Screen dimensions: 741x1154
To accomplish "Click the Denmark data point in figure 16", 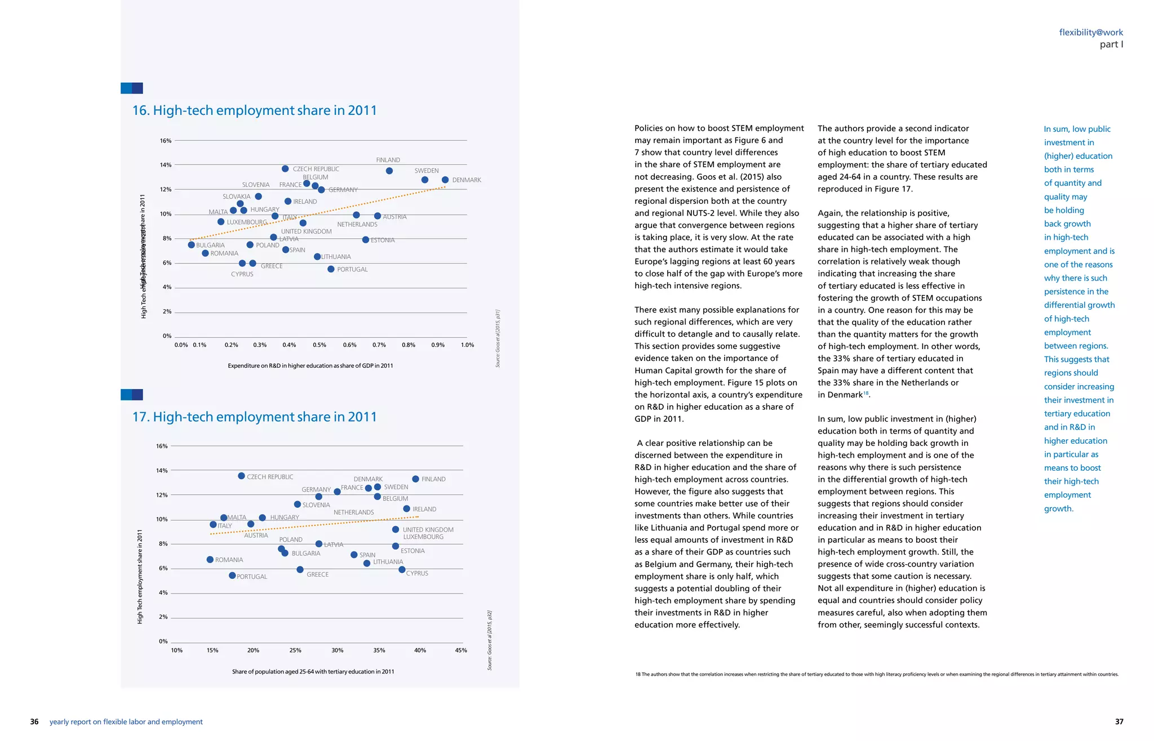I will [x=445, y=180].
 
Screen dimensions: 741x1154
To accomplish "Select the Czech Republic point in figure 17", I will [x=241, y=476].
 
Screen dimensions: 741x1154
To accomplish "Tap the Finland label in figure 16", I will [x=388, y=160].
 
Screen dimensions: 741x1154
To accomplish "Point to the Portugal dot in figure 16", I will [x=331, y=269].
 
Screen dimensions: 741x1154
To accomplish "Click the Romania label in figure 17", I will [x=229, y=560].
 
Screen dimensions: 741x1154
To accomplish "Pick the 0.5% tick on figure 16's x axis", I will [x=319, y=345].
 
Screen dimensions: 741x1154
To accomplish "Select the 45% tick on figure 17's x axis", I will [x=461, y=650].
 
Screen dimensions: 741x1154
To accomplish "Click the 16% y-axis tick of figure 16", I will [x=166, y=141].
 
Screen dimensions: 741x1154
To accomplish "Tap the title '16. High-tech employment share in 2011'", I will [x=254, y=110].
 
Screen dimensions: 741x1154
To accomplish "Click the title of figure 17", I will [x=254, y=417].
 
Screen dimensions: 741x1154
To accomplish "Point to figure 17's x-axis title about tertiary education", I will [x=313, y=672].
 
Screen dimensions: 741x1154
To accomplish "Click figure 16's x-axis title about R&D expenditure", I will [x=310, y=366].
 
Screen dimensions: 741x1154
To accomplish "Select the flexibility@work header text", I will [x=1091, y=33].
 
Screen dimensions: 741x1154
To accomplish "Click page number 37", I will [x=1119, y=722].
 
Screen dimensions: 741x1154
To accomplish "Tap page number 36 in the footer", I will [x=34, y=722].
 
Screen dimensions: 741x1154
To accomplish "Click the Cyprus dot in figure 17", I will [x=402, y=570].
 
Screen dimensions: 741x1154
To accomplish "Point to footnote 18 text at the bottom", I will [x=876, y=675].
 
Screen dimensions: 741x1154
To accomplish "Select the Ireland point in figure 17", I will [x=406, y=509].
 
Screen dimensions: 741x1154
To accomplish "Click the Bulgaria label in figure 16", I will [x=210, y=245].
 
